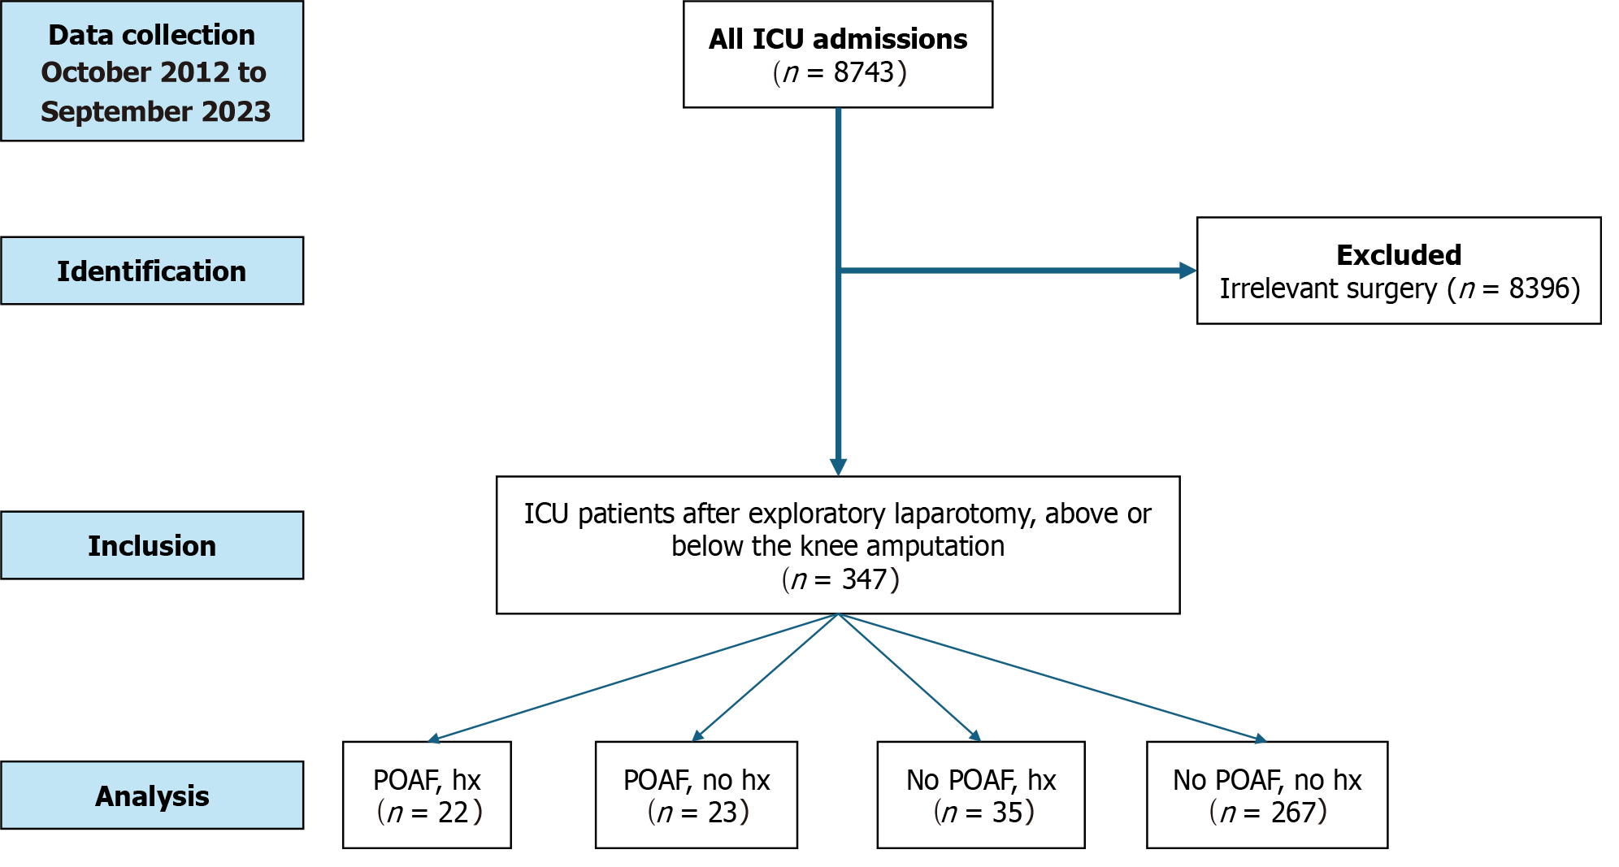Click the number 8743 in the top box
tap(863, 73)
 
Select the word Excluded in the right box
tap(1398, 255)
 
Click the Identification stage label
tap(152, 271)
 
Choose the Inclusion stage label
tap(152, 546)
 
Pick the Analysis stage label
tap(152, 796)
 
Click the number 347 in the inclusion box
tap(864, 579)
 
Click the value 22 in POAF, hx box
tap(454, 813)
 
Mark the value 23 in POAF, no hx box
tap(723, 813)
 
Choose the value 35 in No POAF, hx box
tap(1007, 813)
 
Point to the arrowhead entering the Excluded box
tap(1187, 271)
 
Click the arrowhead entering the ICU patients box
tap(838, 467)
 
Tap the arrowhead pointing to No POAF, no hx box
tap(1261, 739)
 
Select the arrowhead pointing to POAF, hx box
tap(434, 739)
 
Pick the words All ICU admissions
tap(837, 39)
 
